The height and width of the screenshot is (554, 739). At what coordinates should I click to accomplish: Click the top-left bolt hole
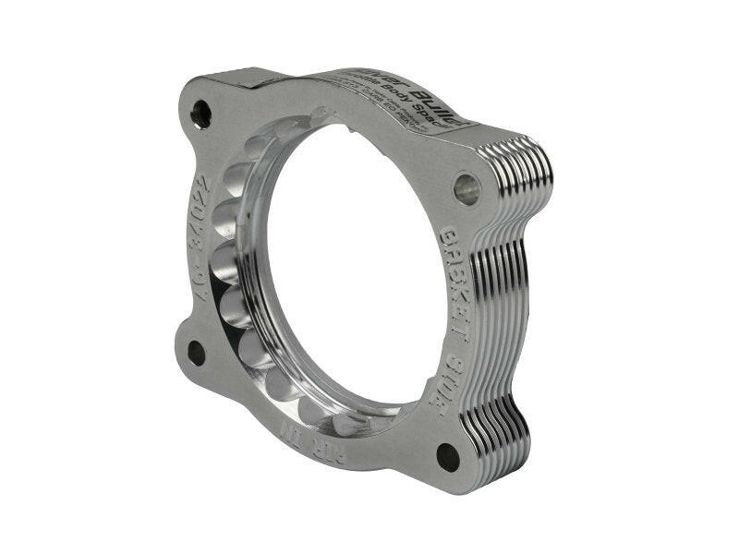pyautogui.click(x=200, y=114)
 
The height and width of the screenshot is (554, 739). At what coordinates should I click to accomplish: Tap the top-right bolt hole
pyautogui.click(x=466, y=188)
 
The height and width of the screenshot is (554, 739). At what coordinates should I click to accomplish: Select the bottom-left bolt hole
pyautogui.click(x=197, y=352)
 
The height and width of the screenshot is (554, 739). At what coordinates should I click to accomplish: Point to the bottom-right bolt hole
pyautogui.click(x=448, y=456)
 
